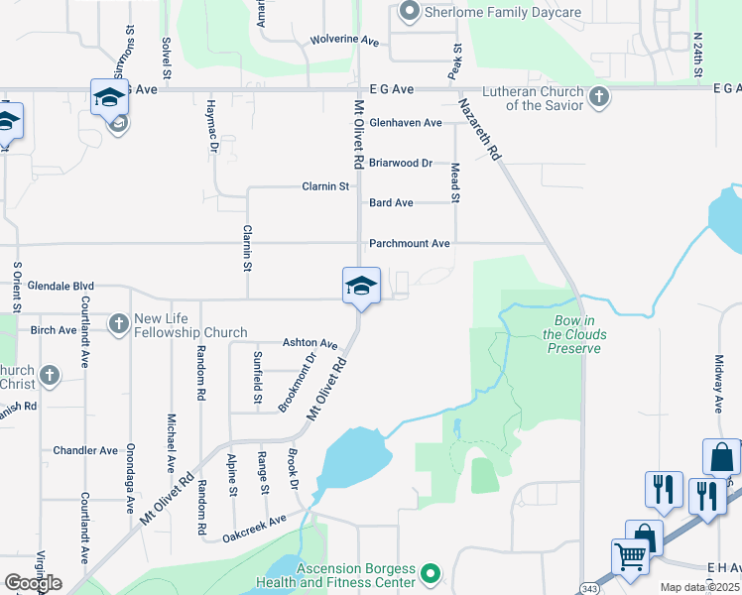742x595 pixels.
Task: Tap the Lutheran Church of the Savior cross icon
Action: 598,97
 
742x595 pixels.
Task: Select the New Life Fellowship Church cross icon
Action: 119,323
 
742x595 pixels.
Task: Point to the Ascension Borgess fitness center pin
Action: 430,573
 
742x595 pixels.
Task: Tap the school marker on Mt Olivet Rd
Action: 361,287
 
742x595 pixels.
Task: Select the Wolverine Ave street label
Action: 344,41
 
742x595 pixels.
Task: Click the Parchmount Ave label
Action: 410,243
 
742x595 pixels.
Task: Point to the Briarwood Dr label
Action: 401,163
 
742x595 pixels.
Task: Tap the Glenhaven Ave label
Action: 405,123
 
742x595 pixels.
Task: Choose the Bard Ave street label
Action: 391,202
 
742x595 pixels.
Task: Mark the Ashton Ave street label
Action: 309,343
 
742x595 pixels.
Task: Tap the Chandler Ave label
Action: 85,450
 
